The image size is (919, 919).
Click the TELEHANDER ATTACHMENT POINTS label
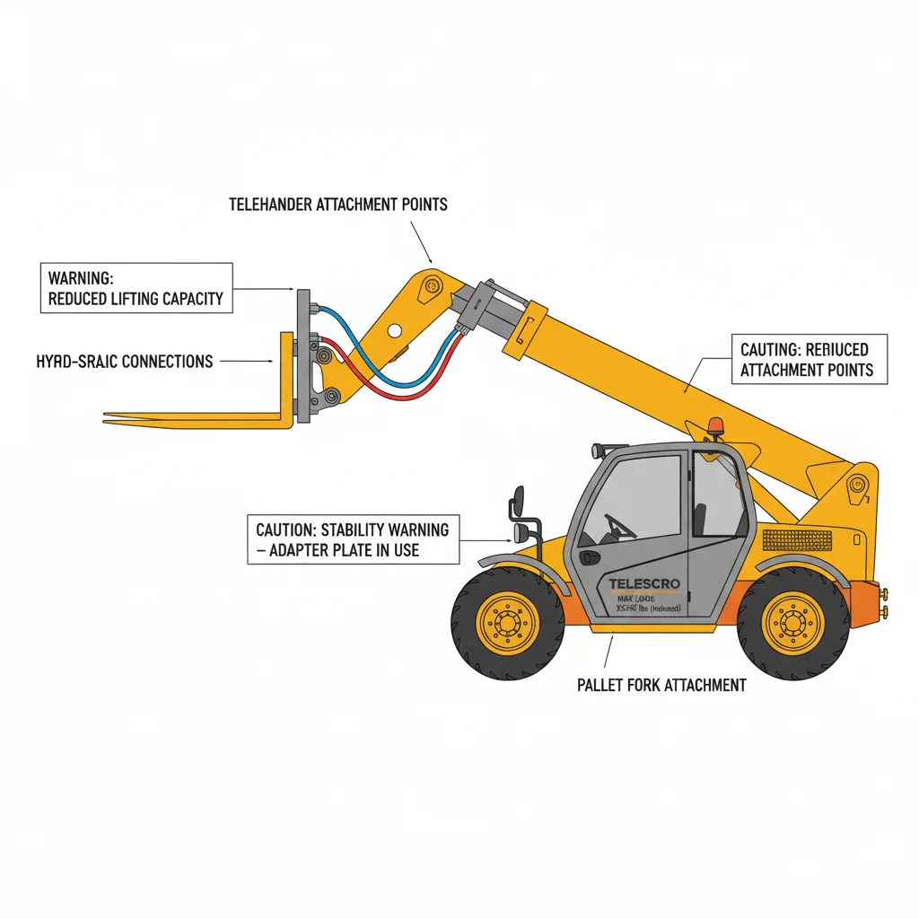click(337, 205)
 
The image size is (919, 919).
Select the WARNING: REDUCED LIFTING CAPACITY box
click(136, 288)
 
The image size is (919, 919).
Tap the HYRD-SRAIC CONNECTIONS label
click(125, 362)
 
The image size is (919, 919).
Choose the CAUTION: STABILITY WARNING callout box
click(353, 538)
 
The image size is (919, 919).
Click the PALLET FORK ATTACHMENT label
click(661, 685)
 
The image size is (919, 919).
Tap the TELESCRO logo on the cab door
click(644, 584)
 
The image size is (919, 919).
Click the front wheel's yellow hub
click(508, 621)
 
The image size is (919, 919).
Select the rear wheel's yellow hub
click(792, 621)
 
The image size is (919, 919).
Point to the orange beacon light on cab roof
click(715, 424)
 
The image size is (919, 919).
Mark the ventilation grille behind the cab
click(792, 539)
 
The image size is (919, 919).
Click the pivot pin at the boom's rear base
click(857, 486)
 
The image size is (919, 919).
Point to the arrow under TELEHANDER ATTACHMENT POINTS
click(421, 240)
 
